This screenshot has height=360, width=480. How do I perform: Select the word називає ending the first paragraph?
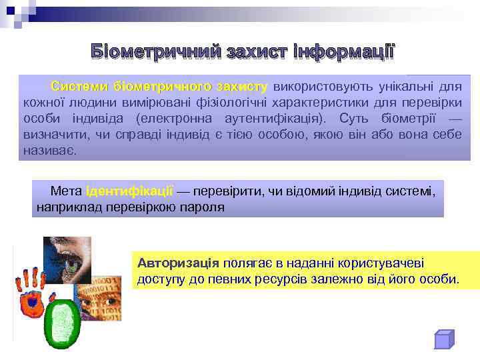coord(49,151)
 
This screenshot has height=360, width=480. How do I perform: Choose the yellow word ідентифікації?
coord(129,191)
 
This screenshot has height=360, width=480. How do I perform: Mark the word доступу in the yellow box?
coord(161,279)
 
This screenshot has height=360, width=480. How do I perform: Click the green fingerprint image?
coord(61,321)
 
